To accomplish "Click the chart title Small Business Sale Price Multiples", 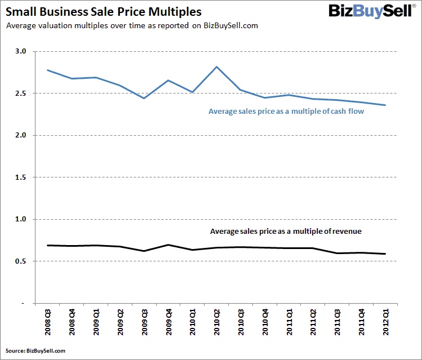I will pyautogui.click(x=104, y=11).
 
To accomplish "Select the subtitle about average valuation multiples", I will pyautogui.click(x=131, y=26).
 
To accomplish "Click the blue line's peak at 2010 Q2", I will pyautogui.click(x=217, y=66).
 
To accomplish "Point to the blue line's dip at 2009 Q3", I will pyautogui.click(x=144, y=98).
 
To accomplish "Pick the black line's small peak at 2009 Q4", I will pyautogui.click(x=168, y=245).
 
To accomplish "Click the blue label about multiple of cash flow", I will pyautogui.click(x=286, y=112).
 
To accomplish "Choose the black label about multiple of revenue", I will pyautogui.click(x=285, y=231).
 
